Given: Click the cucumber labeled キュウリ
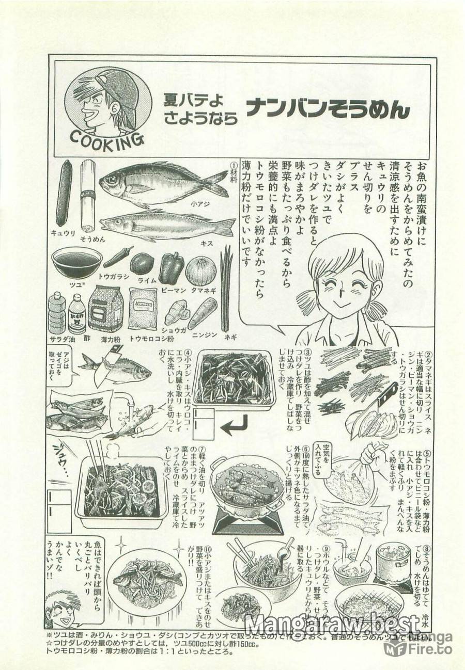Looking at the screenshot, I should tap(64, 193).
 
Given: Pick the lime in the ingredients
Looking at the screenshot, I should tap(141, 263).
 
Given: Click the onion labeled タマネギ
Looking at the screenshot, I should tap(200, 270).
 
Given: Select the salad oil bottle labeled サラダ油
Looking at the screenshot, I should tap(56, 312).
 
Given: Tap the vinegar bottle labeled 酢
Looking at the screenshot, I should tap(77, 314).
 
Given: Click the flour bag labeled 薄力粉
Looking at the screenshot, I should tap(105, 308).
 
